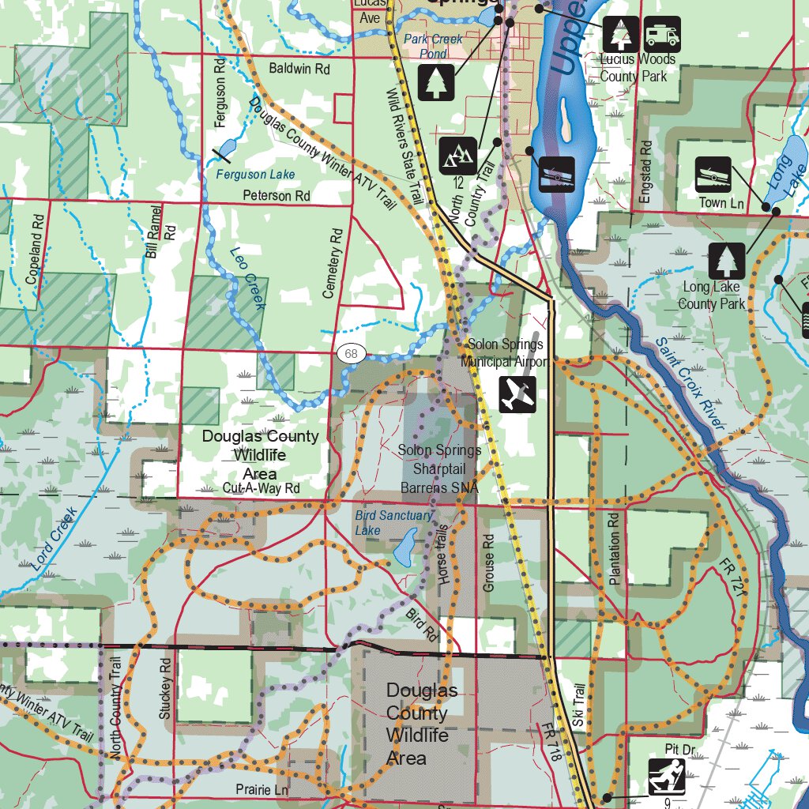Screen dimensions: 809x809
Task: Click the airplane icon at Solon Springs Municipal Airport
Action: (x=518, y=393)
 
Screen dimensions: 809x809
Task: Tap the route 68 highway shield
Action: (x=351, y=353)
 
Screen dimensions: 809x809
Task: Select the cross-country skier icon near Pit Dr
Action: (x=667, y=777)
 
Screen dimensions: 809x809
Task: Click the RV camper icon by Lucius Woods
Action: (x=662, y=35)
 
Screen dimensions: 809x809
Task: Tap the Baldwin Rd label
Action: (x=299, y=69)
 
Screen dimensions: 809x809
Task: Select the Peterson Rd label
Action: (x=277, y=195)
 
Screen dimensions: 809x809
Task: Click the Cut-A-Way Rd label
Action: (x=262, y=488)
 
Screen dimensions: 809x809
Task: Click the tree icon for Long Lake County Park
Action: (x=726, y=262)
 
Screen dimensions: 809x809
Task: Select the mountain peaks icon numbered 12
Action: (x=457, y=156)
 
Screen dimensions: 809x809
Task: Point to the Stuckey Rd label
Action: (x=165, y=688)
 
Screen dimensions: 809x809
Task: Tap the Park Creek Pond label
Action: (x=433, y=46)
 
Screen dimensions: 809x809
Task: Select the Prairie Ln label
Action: (x=262, y=788)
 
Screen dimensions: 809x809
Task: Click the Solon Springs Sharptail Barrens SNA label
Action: (x=439, y=469)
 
